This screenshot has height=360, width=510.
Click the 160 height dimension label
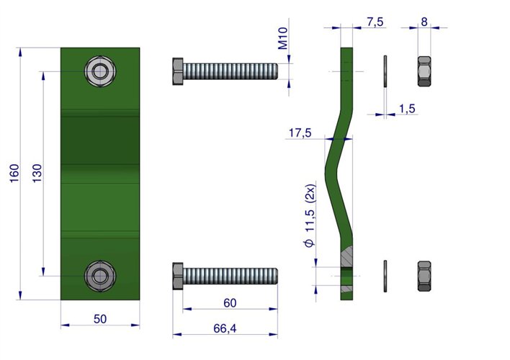(x=14, y=174)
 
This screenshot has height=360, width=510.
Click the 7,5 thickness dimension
(x=375, y=22)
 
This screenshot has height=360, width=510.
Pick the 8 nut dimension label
(x=424, y=22)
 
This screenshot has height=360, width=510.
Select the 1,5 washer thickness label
(x=406, y=108)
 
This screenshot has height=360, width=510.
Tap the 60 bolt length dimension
(x=230, y=303)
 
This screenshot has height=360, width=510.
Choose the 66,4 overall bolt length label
(x=225, y=329)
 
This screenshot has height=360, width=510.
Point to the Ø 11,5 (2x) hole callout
(x=310, y=217)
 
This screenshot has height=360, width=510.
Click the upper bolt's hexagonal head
(x=178, y=72)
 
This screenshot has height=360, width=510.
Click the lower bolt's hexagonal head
(x=178, y=277)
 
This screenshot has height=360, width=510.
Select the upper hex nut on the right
(x=424, y=71)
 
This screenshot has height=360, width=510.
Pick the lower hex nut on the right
(x=424, y=276)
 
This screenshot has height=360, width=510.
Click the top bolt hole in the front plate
(x=99, y=71)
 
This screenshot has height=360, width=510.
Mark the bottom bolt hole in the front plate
(x=99, y=275)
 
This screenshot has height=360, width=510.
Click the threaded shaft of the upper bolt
(x=231, y=72)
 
